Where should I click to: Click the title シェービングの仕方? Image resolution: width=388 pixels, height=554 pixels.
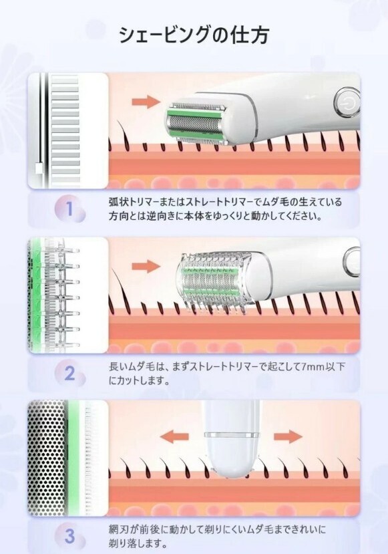tap(194, 35)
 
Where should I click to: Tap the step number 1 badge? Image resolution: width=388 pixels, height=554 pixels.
tap(69, 209)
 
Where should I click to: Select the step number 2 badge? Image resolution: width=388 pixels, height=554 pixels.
tap(69, 374)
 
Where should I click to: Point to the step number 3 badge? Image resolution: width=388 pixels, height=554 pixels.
tap(69, 537)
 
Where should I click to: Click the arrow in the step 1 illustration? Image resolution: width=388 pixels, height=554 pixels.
tap(146, 102)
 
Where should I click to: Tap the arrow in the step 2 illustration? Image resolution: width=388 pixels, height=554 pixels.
tap(146, 266)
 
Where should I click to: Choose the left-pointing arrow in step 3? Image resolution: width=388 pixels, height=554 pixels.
tap(174, 436)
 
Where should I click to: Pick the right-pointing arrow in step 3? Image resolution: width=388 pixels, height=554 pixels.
tap(288, 436)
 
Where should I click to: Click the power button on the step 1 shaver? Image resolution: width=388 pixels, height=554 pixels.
tap(347, 103)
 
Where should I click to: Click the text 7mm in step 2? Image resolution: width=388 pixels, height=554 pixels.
tap(313, 367)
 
